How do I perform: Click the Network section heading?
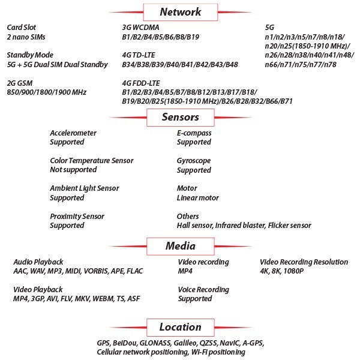pyautogui.click(x=181, y=12)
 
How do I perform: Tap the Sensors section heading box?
pyautogui.click(x=181, y=118)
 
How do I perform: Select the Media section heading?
pyautogui.click(x=181, y=246)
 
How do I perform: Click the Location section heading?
pyautogui.click(x=181, y=327)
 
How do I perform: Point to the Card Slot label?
pyautogui.click(x=22, y=28)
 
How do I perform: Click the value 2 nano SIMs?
pyautogui.click(x=26, y=37)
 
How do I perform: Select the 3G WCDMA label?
pyautogui.click(x=140, y=28)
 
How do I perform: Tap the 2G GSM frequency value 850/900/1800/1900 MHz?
pyautogui.click(x=47, y=92)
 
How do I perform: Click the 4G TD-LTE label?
pyautogui.click(x=139, y=55)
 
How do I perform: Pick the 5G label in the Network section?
pyautogui.click(x=269, y=28)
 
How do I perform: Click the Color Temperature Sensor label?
pyautogui.click(x=92, y=160)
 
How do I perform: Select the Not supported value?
pyautogui.click(x=73, y=170)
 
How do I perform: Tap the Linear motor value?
pyautogui.click(x=197, y=197)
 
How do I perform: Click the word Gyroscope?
pyautogui.click(x=194, y=161)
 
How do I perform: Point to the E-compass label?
pyautogui.click(x=194, y=133)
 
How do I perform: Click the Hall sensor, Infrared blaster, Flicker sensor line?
pyautogui.click(x=244, y=226)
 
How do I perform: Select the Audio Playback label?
pyautogui.click(x=38, y=262)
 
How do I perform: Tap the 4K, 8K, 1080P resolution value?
pyautogui.click(x=282, y=271)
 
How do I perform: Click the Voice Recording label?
pyautogui.click(x=203, y=290)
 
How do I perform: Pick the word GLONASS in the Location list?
pyautogui.click(x=155, y=343)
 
